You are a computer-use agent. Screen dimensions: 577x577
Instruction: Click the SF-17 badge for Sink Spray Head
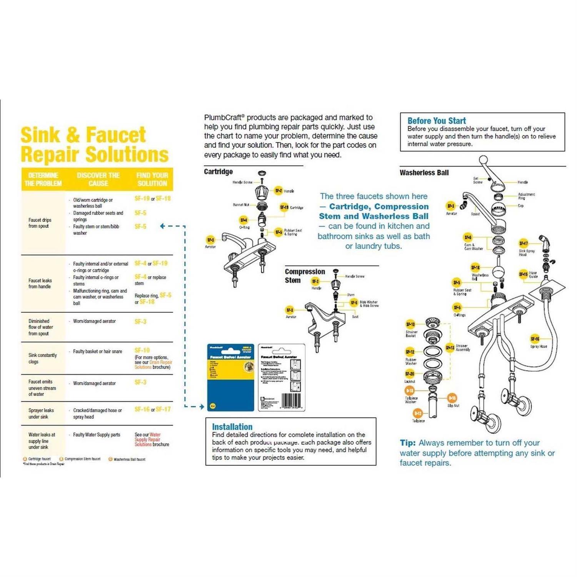[524, 243]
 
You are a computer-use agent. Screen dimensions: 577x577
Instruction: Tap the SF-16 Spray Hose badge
[535, 339]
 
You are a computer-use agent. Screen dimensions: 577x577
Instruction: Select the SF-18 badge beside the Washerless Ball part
[475, 267]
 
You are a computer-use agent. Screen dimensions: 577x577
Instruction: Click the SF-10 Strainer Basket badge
[410, 324]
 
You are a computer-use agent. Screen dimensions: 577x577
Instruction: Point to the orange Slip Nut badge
[452, 398]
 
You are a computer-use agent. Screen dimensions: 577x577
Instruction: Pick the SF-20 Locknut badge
[410, 374]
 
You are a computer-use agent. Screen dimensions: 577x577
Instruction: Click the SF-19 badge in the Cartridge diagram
[284, 207]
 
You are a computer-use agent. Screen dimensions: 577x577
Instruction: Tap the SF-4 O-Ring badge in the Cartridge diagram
[243, 220]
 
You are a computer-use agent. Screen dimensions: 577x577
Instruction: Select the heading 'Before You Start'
[437, 121]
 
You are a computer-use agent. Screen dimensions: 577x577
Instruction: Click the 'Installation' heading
[232, 427]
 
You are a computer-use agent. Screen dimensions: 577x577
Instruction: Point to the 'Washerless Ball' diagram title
[424, 173]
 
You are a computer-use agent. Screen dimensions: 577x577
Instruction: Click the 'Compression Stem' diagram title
[305, 276]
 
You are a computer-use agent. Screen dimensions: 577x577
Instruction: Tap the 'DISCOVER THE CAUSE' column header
[98, 179]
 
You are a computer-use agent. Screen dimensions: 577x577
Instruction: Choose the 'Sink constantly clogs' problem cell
[42, 358]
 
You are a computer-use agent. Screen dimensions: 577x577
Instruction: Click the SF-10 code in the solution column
[142, 350]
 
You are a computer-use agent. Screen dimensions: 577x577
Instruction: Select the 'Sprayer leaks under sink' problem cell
[41, 414]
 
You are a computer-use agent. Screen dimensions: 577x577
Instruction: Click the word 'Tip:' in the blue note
[408, 443]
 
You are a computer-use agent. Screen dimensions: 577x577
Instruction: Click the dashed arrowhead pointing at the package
[202, 407]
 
